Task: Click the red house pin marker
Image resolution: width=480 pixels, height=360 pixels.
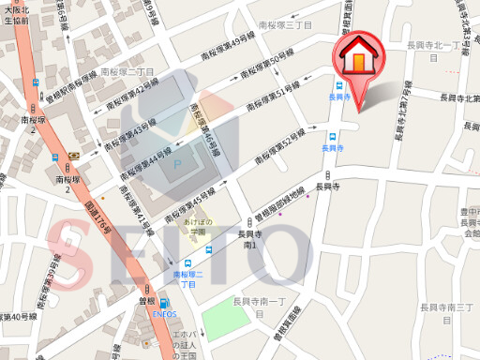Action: tap(359, 59)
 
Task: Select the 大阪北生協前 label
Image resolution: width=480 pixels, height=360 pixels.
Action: tap(16, 13)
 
